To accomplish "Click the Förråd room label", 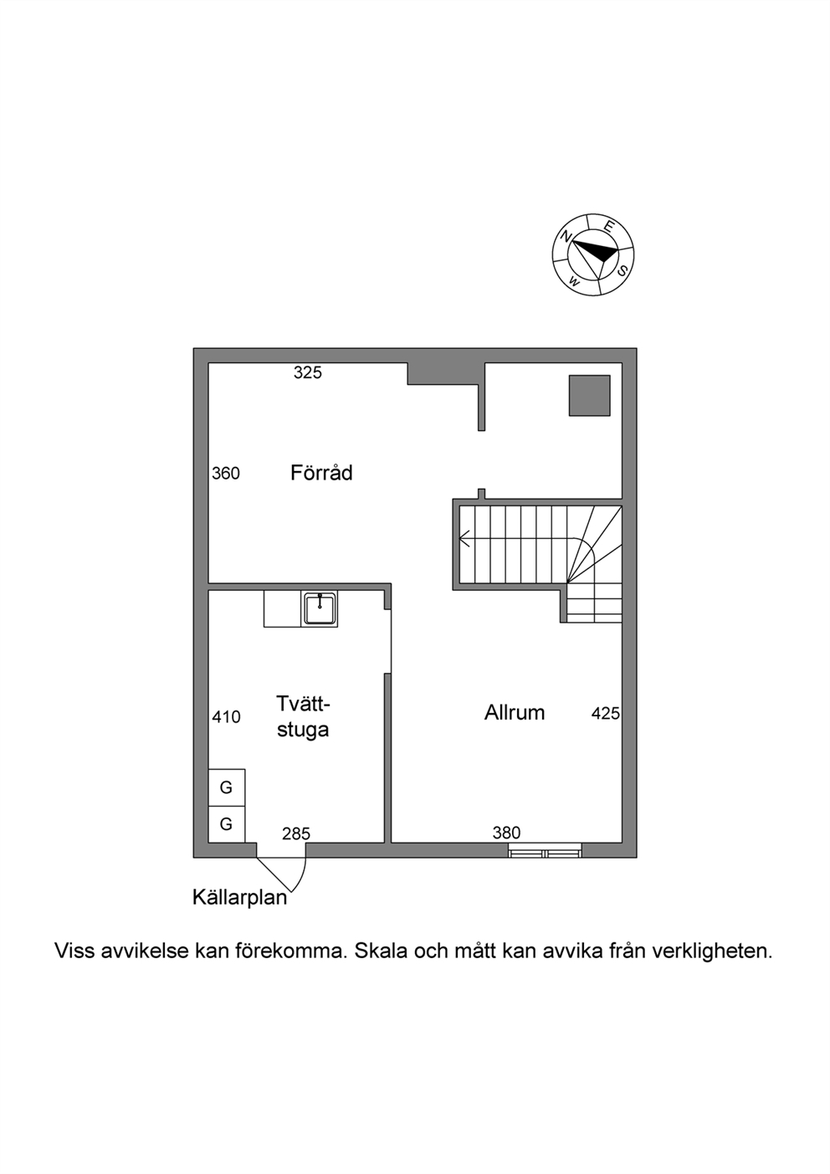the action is click(321, 473).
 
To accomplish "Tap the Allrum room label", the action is click(514, 713).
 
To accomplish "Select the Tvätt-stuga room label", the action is click(303, 716).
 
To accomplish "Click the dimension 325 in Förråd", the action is click(308, 372).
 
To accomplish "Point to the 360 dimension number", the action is click(226, 474).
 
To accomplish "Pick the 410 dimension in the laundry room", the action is click(226, 716).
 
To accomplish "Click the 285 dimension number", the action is click(296, 833).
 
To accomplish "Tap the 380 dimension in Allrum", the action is click(506, 833).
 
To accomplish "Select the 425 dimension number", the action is click(605, 713).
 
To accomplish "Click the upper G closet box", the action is click(227, 787).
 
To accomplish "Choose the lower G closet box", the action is click(227, 824).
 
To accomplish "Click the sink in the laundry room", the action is click(319, 608).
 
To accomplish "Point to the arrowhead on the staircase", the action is click(464, 538).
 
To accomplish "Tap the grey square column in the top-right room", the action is click(590, 396).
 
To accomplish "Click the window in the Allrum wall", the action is click(545, 850).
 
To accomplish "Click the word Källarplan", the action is click(240, 897).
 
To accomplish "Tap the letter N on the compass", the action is click(566, 236).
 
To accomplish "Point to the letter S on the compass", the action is click(622, 271).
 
